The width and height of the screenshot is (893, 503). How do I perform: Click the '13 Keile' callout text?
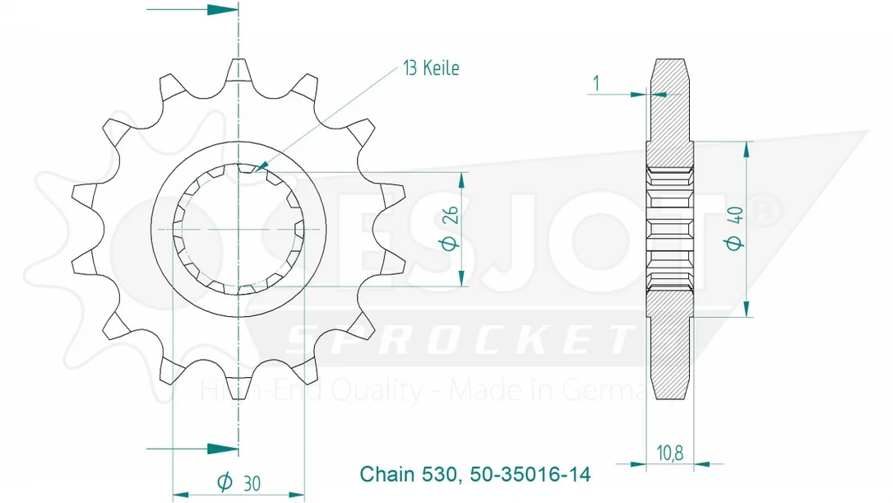click(x=431, y=68)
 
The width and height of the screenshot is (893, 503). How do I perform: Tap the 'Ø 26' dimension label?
click(x=449, y=228)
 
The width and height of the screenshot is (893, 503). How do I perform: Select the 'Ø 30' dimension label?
click(x=238, y=482)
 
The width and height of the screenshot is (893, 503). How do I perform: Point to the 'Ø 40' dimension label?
click(x=734, y=228)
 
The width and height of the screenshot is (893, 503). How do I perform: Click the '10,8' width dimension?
click(x=669, y=454)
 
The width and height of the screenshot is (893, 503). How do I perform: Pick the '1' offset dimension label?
click(x=595, y=83)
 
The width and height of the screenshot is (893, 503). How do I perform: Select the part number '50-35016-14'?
click(x=530, y=474)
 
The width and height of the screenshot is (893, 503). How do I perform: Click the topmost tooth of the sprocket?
click(x=238, y=72)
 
